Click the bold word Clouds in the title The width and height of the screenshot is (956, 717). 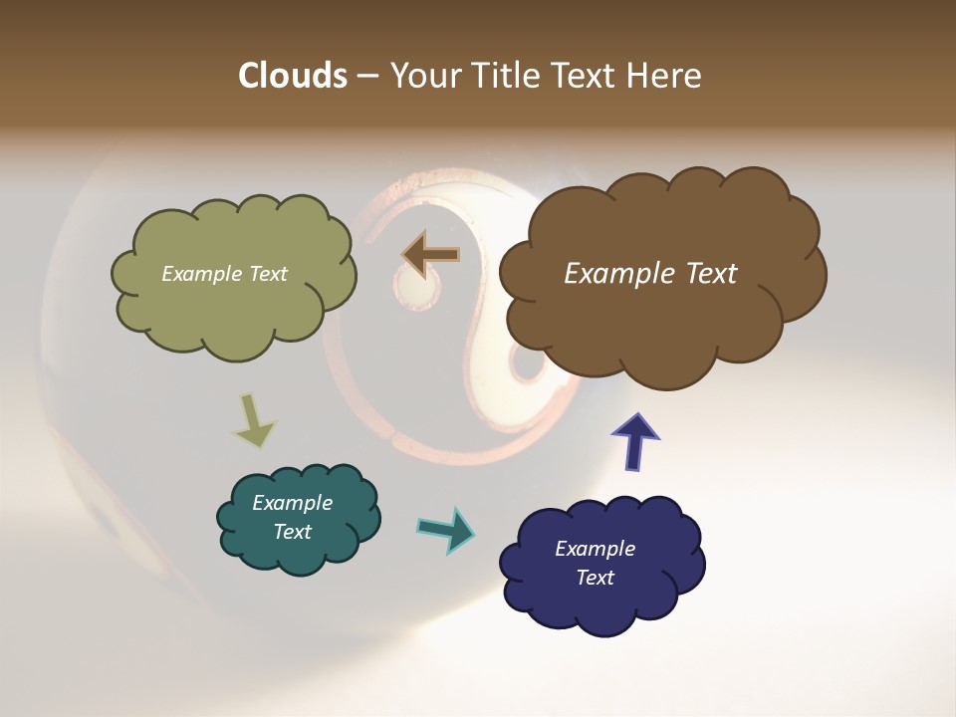[292, 76]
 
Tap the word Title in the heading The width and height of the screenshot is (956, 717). [507, 76]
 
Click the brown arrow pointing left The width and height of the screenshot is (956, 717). [431, 255]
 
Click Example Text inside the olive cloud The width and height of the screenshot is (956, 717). [224, 274]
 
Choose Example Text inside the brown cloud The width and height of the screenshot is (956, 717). [650, 274]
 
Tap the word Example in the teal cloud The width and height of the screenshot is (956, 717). [292, 503]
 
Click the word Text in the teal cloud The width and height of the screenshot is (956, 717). [293, 532]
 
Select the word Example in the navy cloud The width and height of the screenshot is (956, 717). [595, 549]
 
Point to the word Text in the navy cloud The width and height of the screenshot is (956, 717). [596, 578]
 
